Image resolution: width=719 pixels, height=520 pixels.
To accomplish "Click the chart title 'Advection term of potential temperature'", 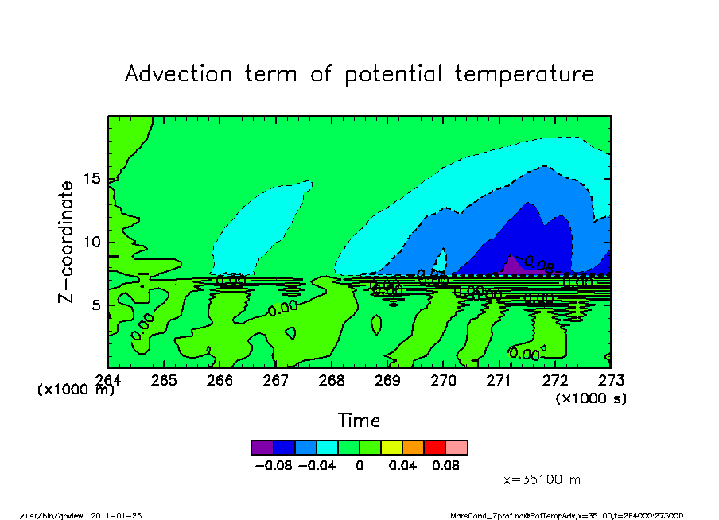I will coord(359,74).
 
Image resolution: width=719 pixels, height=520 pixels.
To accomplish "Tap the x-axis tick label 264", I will coord(108,381).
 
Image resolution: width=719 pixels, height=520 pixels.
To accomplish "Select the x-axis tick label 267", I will coord(275,381).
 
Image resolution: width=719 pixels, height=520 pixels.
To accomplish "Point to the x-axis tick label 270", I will coord(443,381).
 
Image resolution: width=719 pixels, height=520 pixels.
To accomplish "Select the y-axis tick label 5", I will coord(95,305).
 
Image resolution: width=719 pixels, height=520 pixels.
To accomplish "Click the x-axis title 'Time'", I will coord(359,421).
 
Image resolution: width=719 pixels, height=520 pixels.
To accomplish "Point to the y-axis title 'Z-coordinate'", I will coord(66,242).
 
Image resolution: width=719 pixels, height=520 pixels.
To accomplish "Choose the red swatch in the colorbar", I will coord(435,447).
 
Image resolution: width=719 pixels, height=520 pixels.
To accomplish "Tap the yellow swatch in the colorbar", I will coord(392,447).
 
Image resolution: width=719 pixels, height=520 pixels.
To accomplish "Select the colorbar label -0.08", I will coord(273,466).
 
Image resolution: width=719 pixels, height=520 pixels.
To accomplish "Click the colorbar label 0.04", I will coord(402,466).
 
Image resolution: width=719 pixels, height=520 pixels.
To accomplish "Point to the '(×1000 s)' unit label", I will coord(591,398).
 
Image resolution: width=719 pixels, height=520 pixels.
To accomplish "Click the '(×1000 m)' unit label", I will coord(76,390).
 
